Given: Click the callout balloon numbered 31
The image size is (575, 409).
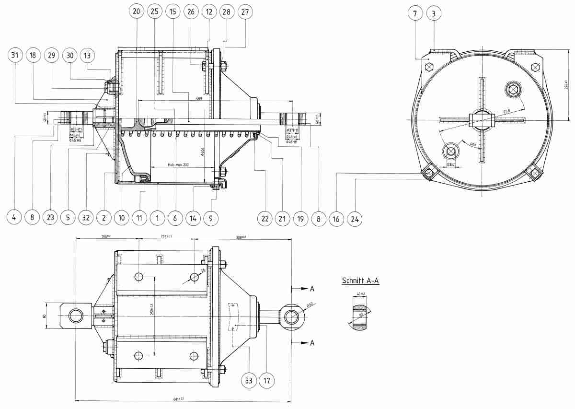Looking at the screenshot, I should pyautogui.click(x=15, y=56).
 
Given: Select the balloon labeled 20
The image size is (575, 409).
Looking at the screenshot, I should pyautogui.click(x=136, y=11).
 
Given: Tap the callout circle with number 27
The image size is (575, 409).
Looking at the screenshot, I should pyautogui.click(x=245, y=11).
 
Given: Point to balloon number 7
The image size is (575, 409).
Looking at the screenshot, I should pyautogui.click(x=415, y=13).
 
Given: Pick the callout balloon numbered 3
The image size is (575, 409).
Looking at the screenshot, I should pyautogui.click(x=434, y=13).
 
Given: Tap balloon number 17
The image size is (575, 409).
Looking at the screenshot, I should pyautogui.click(x=267, y=381).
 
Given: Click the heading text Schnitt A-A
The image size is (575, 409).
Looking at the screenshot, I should pyautogui.click(x=360, y=280).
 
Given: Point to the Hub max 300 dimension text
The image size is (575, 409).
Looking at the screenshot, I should pyautogui.click(x=178, y=164).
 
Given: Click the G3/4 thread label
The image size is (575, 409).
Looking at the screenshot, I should pyautogui.click(x=450, y=164).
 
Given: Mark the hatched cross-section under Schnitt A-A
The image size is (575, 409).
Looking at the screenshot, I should pyautogui.click(x=360, y=317).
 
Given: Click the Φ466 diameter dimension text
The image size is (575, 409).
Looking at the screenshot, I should pyautogui.click(x=204, y=152).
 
